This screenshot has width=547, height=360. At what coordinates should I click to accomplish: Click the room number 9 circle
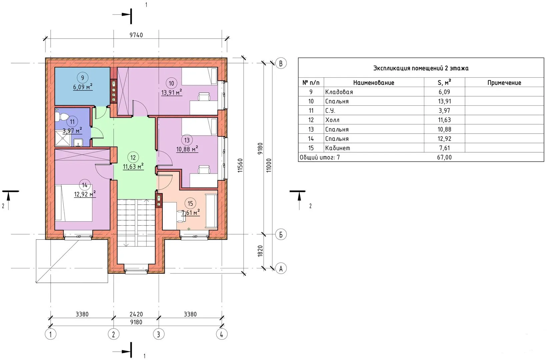click(x=83, y=78)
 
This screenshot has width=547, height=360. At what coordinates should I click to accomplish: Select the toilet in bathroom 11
click(x=61, y=117)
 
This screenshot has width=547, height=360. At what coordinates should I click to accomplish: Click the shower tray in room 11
click(x=63, y=138)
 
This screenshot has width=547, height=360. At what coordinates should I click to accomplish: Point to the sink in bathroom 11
click(x=78, y=142)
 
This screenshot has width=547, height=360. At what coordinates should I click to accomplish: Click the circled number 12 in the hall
click(x=133, y=158)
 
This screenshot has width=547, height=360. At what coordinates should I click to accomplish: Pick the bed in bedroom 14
click(x=74, y=203)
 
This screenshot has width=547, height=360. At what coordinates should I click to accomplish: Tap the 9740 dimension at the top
click(x=136, y=35)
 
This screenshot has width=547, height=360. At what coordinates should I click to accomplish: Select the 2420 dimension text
click(x=136, y=314)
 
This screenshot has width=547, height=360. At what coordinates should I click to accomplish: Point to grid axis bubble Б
click(x=281, y=234)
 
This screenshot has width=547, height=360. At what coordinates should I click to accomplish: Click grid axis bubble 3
click(x=158, y=334)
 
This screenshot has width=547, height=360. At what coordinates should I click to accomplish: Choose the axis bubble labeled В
click(x=281, y=63)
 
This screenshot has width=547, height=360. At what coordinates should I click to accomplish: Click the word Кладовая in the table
click(x=339, y=92)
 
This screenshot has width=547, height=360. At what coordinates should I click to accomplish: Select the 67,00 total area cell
click(x=444, y=157)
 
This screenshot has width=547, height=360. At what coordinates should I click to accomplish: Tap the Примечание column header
click(x=504, y=83)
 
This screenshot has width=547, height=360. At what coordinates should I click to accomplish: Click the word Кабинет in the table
click(x=337, y=148)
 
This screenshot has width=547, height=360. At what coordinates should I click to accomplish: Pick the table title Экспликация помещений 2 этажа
click(x=421, y=68)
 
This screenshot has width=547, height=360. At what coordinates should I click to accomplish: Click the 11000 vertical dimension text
click(x=269, y=165)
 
